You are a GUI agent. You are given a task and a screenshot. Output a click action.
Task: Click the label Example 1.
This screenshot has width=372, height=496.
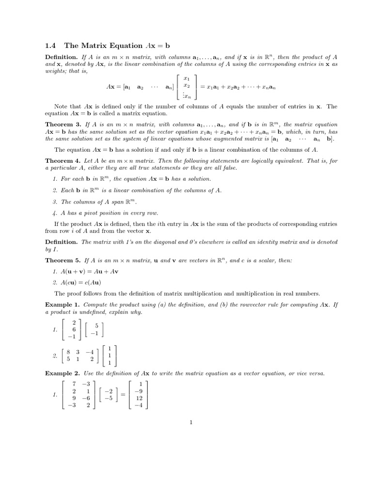pyautogui.click(x=62, y=305)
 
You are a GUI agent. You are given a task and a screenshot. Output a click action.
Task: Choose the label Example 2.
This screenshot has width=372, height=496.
pyautogui.click(x=62, y=373)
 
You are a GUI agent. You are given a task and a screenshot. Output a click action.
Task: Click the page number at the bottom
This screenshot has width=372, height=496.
pyautogui.click(x=191, y=422)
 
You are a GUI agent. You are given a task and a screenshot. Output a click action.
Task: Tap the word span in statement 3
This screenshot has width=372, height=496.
pyautogui.click(x=112, y=201)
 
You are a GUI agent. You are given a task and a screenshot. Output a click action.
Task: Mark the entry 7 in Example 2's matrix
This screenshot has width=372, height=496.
pyautogui.click(x=74, y=384)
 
